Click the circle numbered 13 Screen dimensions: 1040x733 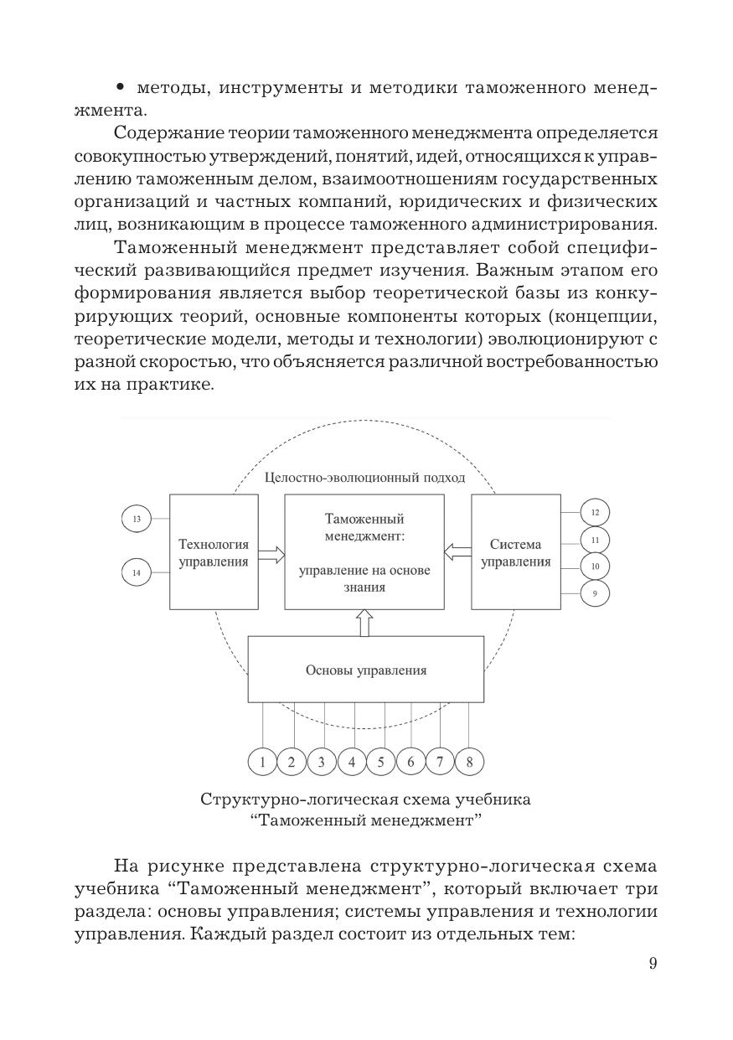click(136, 520)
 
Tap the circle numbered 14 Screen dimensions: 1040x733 click(136, 572)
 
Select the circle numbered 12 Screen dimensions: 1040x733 click(595, 512)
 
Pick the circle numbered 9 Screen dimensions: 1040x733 click(595, 593)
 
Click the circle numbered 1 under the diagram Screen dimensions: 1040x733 click(262, 762)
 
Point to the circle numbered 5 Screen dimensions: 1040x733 click(381, 762)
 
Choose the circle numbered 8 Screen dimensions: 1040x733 click(470, 762)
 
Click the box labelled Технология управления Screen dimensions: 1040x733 click(213, 551)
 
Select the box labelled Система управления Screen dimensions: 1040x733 click(516, 551)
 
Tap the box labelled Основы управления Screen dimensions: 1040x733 click(365, 670)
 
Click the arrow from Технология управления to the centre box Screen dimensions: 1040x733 click(271, 553)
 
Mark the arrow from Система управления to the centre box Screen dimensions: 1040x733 click(457, 551)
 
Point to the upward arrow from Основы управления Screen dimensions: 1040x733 click(364, 623)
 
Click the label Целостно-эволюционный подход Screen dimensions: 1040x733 click(364, 478)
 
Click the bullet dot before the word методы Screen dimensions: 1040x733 click(122, 87)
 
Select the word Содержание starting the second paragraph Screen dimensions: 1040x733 click(168, 132)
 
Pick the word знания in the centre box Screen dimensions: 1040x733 click(364, 587)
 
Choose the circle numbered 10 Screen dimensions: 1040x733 click(595, 567)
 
